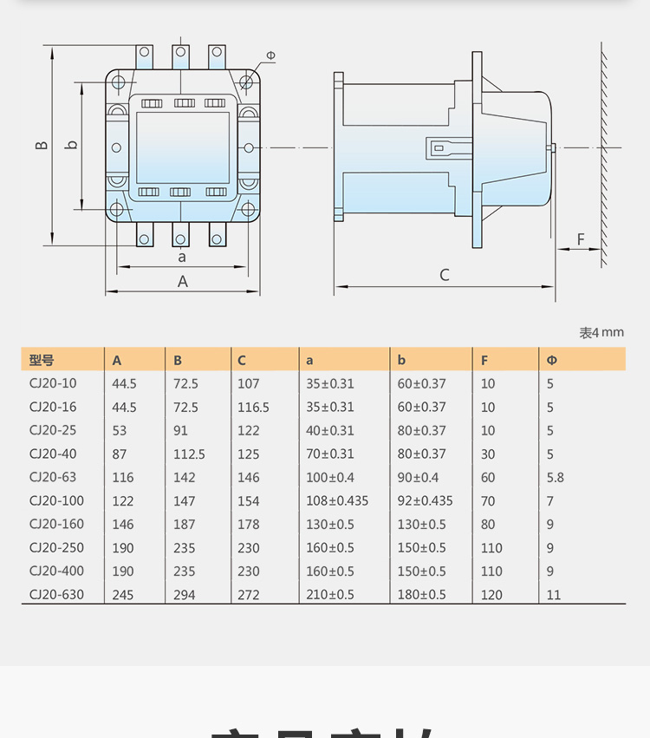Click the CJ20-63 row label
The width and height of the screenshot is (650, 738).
52,477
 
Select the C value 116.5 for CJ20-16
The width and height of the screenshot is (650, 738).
253,407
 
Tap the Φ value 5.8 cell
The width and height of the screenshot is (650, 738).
555,477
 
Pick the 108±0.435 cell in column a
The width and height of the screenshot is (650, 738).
336,500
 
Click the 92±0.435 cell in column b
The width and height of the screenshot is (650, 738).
425,500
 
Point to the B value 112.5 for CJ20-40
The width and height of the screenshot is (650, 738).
189,454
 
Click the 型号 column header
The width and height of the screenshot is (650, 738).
41,360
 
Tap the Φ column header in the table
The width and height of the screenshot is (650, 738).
551,360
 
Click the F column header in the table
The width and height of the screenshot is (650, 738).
484,360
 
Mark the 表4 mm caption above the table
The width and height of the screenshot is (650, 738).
601,332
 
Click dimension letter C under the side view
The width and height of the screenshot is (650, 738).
445,275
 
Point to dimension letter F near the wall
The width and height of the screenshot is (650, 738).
581,238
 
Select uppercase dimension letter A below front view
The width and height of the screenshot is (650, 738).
183,281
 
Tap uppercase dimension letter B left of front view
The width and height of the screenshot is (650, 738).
41,144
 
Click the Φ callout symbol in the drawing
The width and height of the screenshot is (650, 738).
270,56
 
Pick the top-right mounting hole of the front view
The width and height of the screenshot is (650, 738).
247,82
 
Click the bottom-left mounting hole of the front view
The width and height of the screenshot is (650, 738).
117,208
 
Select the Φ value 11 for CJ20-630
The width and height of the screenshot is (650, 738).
554,594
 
